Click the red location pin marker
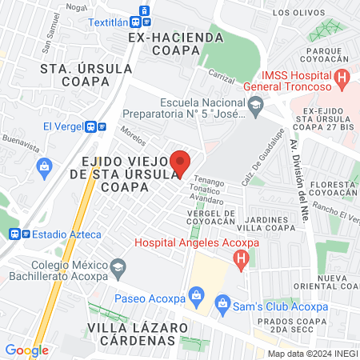(181, 162)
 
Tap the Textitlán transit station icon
(144, 10)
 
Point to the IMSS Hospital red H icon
(342, 79)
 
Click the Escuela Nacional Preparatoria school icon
(255, 102)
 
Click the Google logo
(26, 350)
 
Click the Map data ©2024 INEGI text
(311, 353)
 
